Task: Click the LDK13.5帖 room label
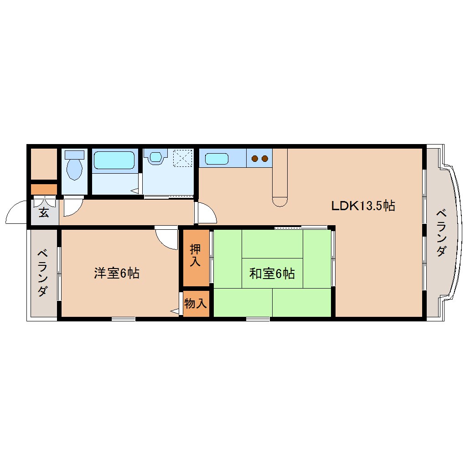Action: coord(362,206)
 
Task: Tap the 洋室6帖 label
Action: coord(116,273)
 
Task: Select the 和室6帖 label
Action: coord(272,274)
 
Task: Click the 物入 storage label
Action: coord(196,303)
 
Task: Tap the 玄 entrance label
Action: coord(43,212)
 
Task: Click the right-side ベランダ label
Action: coord(440,232)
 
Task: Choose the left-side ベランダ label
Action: coord(42,273)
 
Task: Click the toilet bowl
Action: coord(74,169)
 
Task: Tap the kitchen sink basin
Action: coord(217,159)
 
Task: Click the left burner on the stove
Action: coord(255,159)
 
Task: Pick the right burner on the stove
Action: coord(264,159)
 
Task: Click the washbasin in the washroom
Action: coord(156,157)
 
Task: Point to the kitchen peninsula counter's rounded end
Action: coord(279,201)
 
